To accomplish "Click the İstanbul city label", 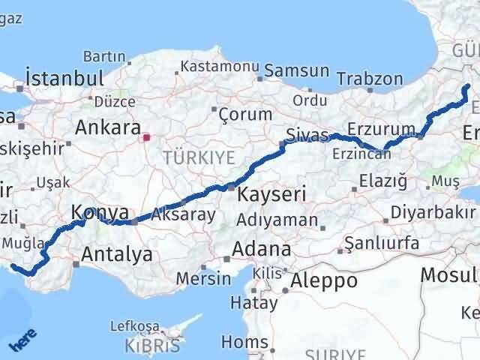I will tap(64, 78).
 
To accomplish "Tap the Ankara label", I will tap(107, 127).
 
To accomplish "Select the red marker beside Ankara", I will tap(147, 138).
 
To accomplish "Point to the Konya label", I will tap(100, 214).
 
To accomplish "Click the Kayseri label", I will tap(271, 194).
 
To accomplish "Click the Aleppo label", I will tap(325, 281).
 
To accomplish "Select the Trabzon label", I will tap(370, 79).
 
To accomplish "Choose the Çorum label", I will tap(244, 115).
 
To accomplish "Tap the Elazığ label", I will tap(382, 180).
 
